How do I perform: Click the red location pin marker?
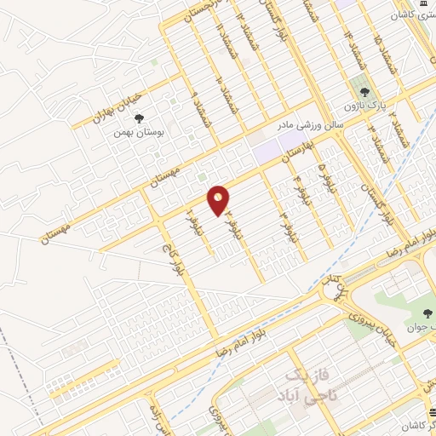pyautogui.click(x=219, y=200)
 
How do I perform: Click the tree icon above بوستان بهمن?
pyautogui.click(x=151, y=119)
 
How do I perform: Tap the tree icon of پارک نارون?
pyautogui.click(x=364, y=91)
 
